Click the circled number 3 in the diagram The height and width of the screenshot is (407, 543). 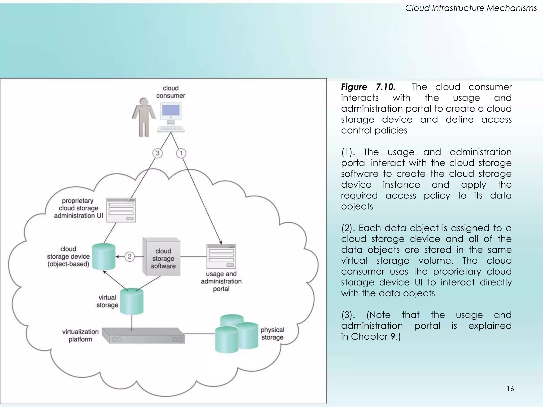point(157,153)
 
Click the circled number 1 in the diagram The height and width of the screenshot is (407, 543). point(181,153)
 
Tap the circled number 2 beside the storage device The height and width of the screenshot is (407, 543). point(129,256)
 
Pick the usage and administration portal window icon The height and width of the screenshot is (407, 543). point(221,256)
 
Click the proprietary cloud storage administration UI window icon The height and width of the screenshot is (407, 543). point(121,210)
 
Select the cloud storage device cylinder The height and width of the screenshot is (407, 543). point(104,256)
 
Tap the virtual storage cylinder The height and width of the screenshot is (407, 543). point(132,302)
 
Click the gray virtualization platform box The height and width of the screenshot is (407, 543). point(143,336)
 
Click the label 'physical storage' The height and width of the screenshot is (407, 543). point(272,334)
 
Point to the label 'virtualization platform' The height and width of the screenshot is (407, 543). point(80,335)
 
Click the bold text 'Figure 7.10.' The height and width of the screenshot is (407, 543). point(368,87)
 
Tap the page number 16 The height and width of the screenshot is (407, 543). point(510,389)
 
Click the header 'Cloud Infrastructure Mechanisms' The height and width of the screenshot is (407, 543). point(471,8)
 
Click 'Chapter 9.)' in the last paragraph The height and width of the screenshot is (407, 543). point(376,337)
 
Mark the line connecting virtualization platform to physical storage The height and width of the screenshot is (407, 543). point(199,334)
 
